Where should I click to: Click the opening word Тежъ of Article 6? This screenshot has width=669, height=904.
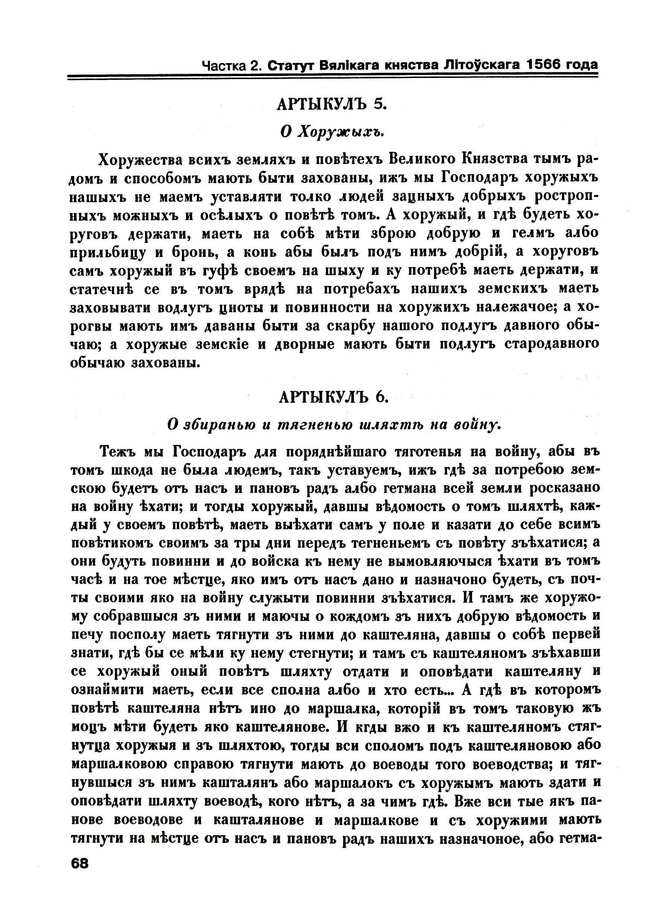click(x=117, y=452)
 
